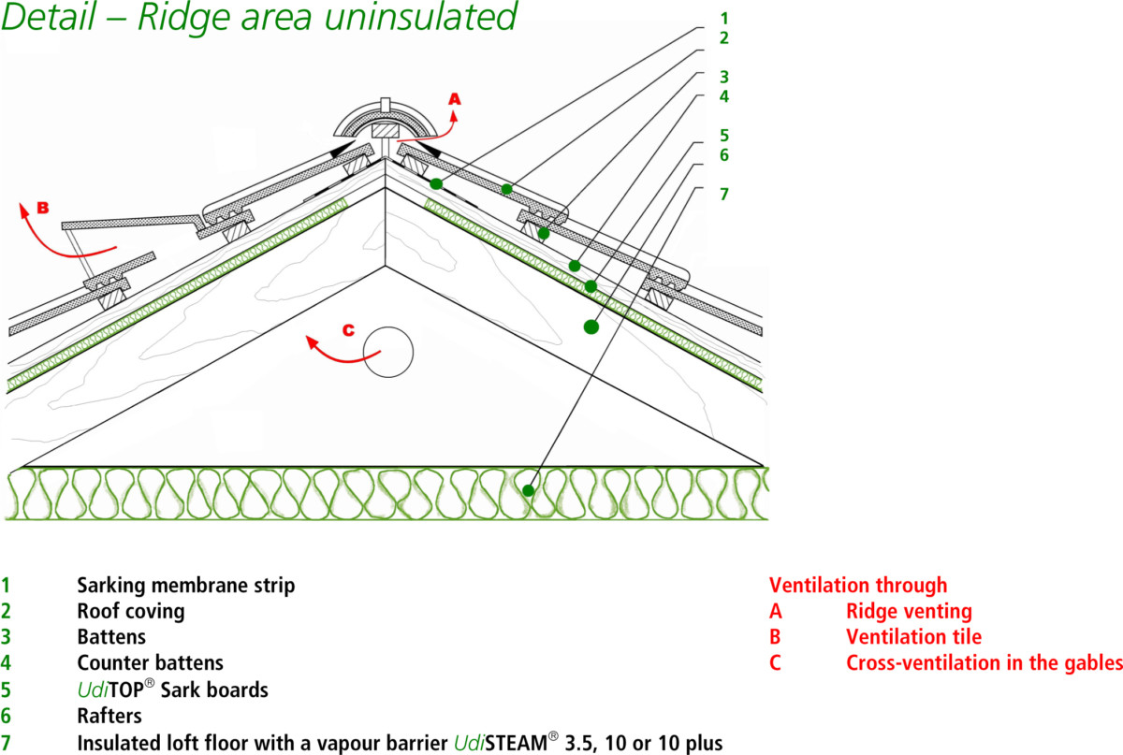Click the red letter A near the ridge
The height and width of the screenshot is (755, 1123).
click(455, 98)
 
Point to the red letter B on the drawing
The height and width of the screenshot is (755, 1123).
click(42, 207)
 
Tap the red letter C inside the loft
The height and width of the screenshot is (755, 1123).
click(348, 329)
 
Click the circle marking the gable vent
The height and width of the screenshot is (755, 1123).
click(387, 353)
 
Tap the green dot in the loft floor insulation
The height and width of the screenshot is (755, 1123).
click(529, 490)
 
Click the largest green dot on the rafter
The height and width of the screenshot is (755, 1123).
click(591, 327)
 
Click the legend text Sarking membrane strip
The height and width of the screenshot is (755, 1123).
click(185, 586)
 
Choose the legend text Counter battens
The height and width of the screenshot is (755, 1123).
click(150, 663)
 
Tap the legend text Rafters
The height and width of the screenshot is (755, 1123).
click(109, 716)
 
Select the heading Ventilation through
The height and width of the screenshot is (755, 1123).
click(858, 586)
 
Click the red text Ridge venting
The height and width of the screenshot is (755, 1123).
click(909, 612)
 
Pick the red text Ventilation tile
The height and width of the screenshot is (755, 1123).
click(913, 637)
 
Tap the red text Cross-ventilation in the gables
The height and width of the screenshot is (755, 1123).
click(984, 663)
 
